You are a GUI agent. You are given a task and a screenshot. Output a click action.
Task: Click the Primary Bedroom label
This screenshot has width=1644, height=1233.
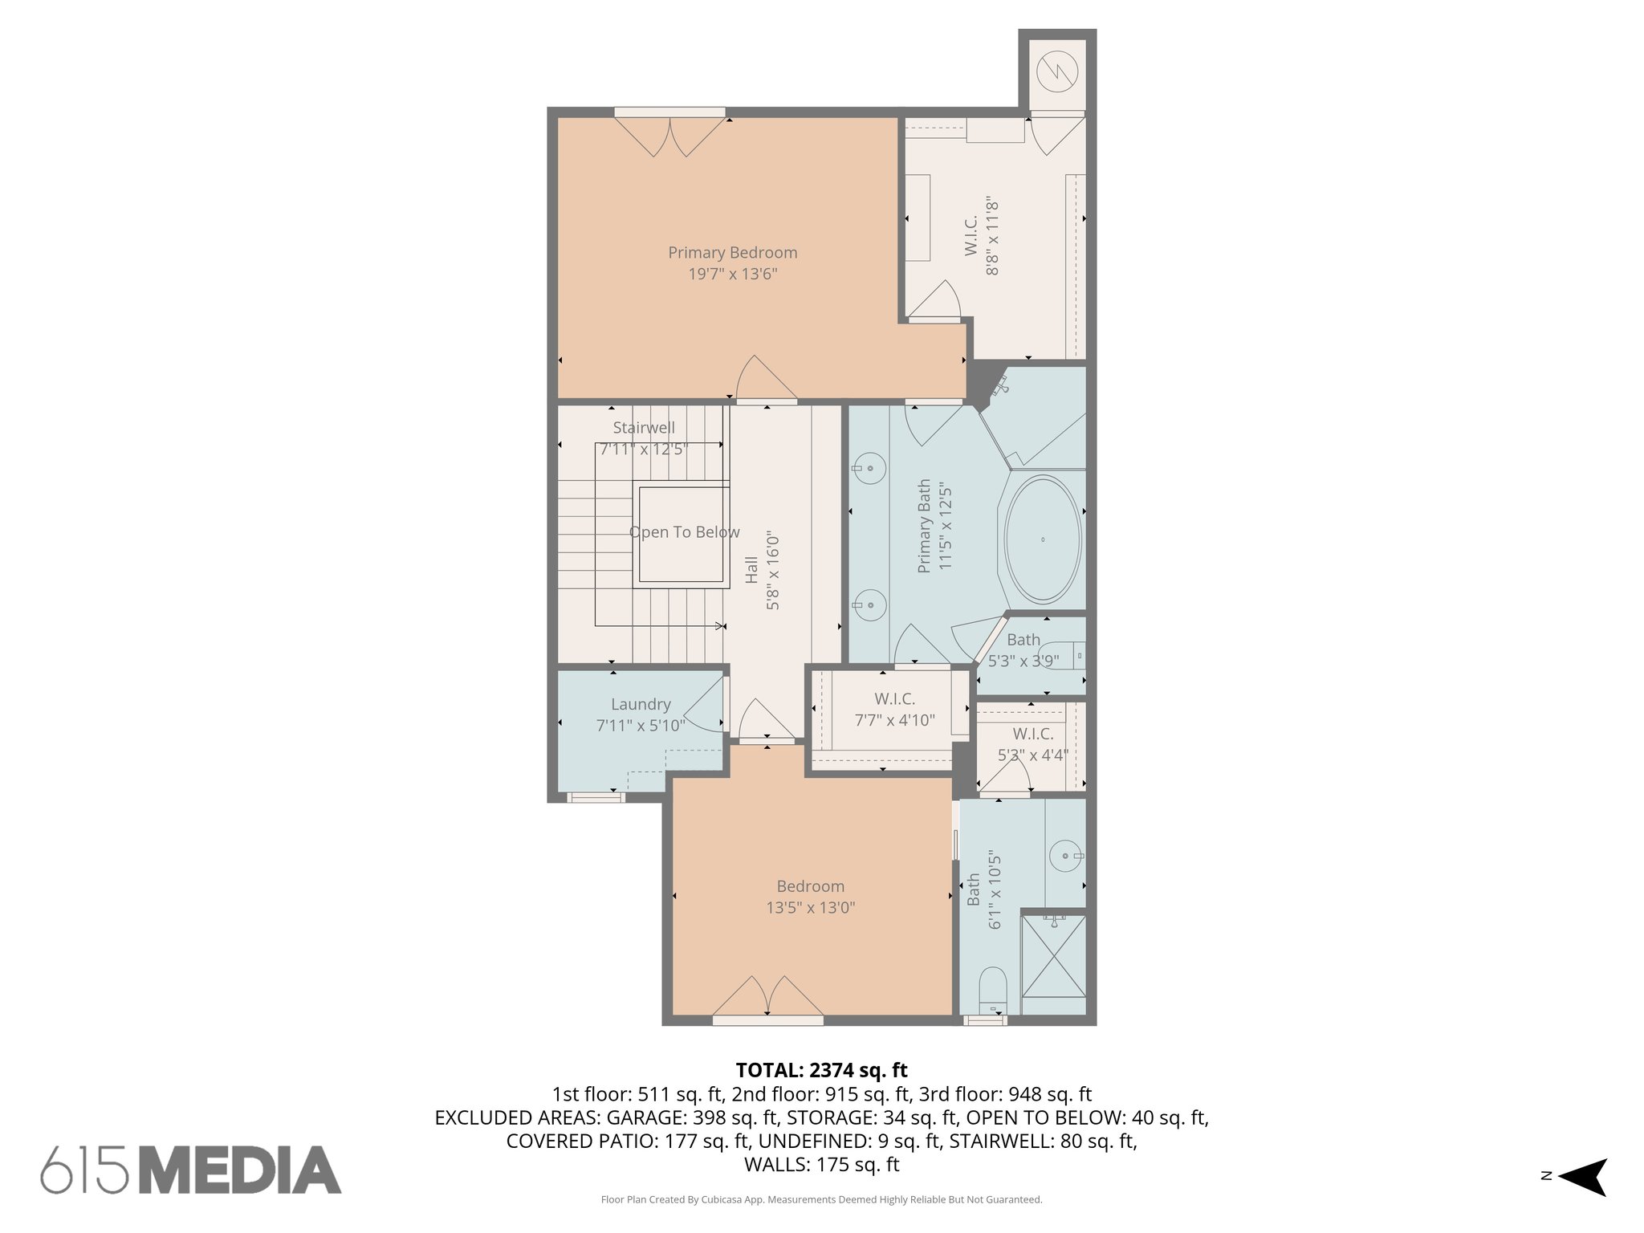coord(732,252)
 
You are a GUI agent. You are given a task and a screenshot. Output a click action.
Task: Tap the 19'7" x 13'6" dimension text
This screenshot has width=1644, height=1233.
coord(732,275)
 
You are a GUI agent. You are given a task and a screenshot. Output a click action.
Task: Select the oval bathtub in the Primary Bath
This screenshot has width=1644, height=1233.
coord(1042,539)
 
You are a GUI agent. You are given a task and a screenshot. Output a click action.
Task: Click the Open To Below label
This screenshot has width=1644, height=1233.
coord(684,532)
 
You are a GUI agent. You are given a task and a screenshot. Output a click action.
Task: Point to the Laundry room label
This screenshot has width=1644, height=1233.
coord(641,704)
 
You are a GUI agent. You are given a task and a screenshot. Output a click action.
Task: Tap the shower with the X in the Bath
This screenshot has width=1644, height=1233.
coord(1052,966)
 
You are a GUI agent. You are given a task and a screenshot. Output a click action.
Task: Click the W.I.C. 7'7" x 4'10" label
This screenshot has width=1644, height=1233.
coord(894,710)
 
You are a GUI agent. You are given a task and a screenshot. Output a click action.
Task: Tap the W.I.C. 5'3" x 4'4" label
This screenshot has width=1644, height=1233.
coord(1032,744)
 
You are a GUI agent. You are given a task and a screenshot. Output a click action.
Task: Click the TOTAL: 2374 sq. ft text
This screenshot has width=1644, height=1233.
coord(821,1070)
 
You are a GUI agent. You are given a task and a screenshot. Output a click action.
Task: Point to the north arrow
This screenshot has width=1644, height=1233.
coord(1581,1177)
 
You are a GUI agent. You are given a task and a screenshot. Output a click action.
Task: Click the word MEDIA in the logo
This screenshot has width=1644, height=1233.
coord(240,1170)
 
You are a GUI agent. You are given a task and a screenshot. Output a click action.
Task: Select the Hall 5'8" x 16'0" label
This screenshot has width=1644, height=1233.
coord(762,570)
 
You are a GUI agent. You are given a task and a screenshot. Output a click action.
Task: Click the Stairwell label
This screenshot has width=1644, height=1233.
coord(644,428)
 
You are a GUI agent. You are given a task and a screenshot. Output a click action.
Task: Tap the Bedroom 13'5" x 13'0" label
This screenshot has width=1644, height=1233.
coord(810,897)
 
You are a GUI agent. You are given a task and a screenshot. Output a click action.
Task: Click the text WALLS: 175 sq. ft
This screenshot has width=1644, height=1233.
coord(821,1165)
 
